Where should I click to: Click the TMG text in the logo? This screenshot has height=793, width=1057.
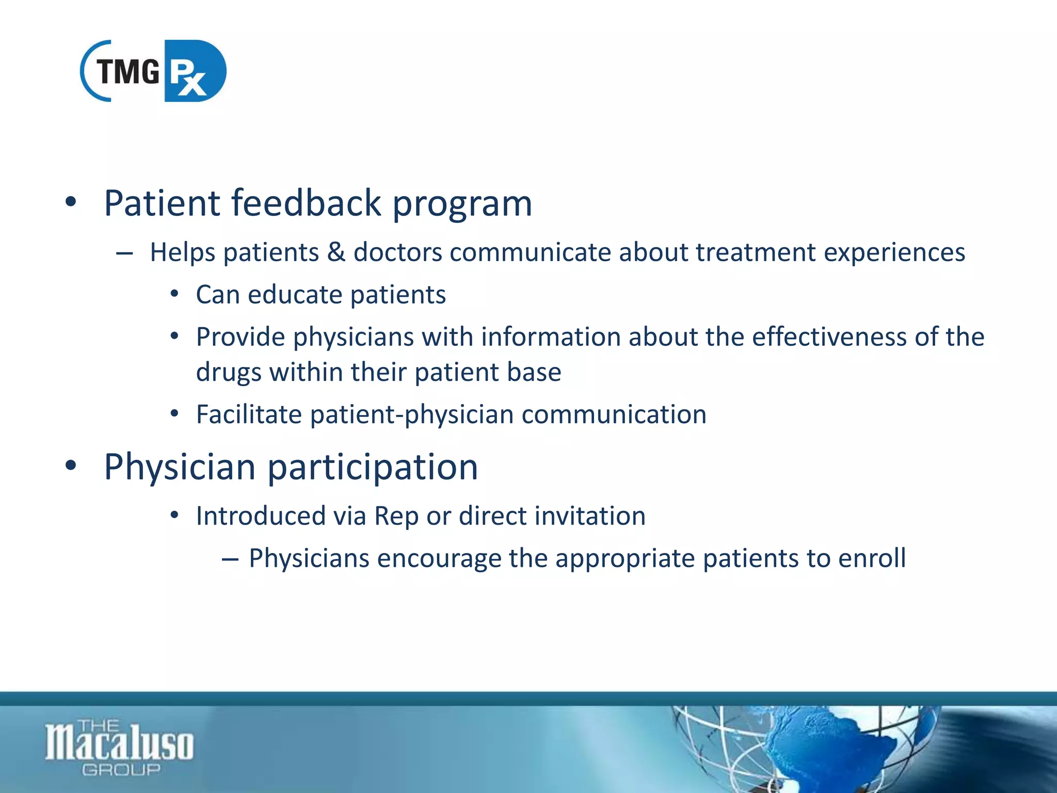[128, 71]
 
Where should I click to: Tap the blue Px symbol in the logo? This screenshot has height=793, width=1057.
[192, 72]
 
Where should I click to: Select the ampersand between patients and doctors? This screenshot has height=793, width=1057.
[336, 252]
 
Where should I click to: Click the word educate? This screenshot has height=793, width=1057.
[295, 295]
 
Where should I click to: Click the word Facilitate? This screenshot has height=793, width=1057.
[249, 415]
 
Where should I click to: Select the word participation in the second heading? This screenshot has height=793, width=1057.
[372, 467]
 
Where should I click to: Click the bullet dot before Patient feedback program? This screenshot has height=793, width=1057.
[71, 202]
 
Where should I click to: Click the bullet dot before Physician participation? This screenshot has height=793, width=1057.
[71, 466]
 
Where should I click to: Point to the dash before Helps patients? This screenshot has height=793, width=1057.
[124, 253]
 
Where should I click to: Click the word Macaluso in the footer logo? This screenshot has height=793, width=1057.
[119, 744]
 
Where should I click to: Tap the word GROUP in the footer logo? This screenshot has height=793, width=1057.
[121, 770]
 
